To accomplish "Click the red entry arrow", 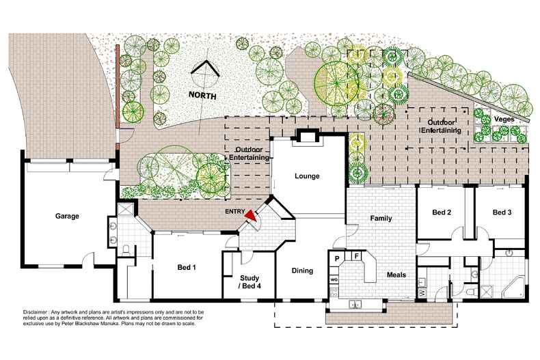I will (x=252, y=215).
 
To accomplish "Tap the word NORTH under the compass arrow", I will (x=203, y=96).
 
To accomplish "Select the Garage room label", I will (x=68, y=216).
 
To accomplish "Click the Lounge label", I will (x=307, y=176).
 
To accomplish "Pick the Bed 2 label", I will (x=442, y=213).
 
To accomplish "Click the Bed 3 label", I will (x=502, y=213).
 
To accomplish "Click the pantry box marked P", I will (x=338, y=258).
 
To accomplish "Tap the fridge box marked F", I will (x=356, y=256).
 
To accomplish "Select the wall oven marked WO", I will (x=335, y=280).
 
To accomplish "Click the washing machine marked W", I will (x=422, y=293).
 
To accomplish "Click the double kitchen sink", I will (x=355, y=304).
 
